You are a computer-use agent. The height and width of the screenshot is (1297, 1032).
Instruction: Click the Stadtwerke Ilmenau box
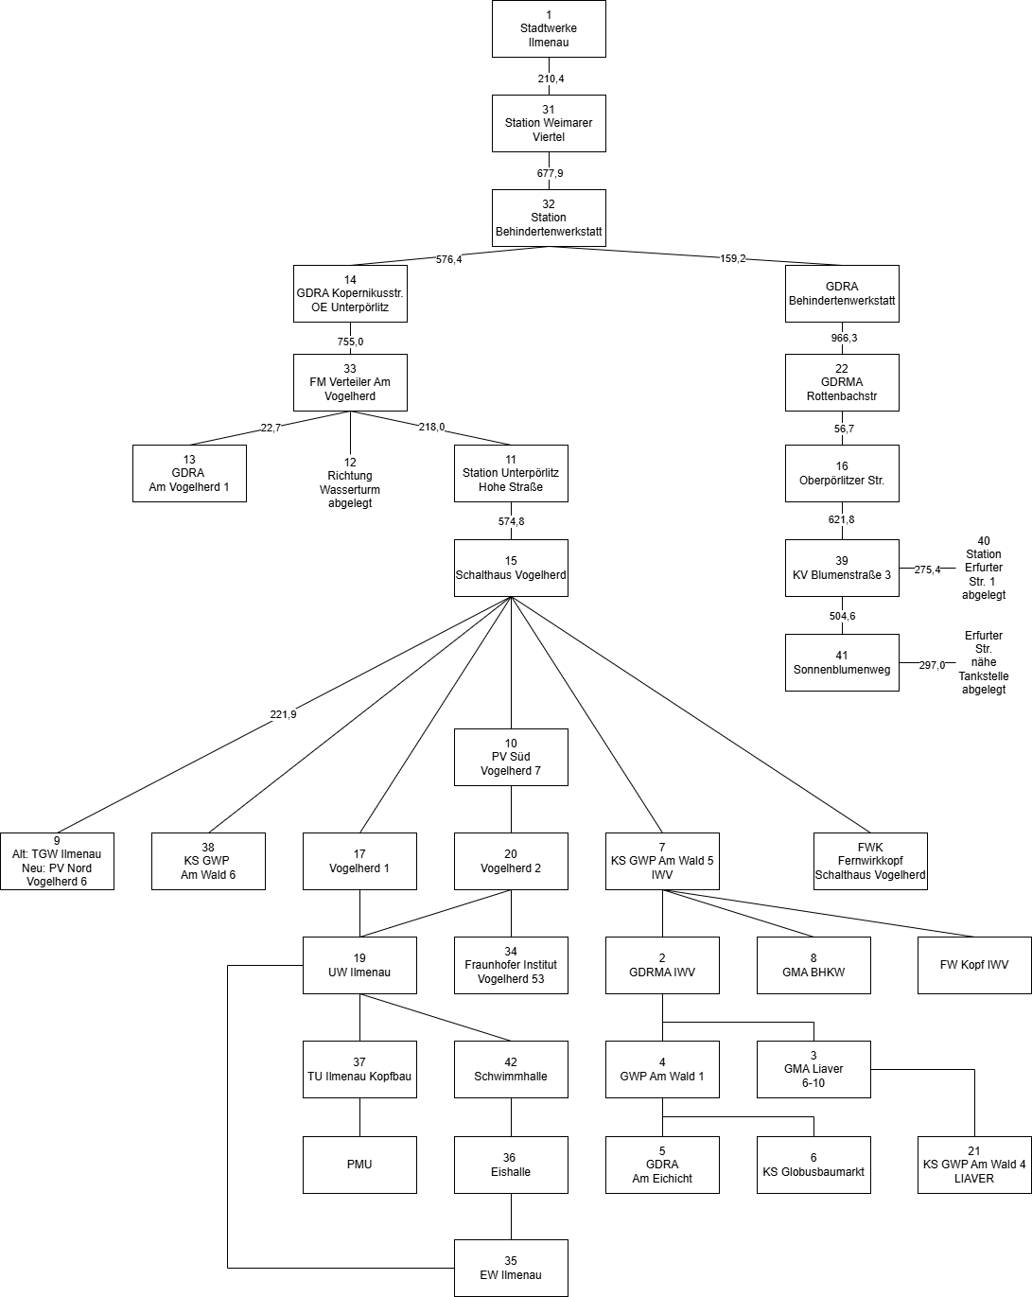click(549, 28)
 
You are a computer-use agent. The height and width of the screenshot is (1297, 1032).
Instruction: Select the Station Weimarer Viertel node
click(549, 123)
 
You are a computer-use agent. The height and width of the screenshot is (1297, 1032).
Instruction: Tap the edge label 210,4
click(551, 79)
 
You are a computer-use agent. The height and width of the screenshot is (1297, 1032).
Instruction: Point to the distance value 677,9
click(550, 173)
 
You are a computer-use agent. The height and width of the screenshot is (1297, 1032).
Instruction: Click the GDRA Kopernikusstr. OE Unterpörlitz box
click(350, 293)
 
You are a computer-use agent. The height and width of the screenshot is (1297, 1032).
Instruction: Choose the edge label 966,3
click(844, 338)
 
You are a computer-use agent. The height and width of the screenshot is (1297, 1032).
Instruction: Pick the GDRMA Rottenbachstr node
click(842, 382)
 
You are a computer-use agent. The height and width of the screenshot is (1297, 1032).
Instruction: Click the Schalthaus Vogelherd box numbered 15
click(511, 568)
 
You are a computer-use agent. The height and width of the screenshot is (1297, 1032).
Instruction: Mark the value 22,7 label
click(271, 428)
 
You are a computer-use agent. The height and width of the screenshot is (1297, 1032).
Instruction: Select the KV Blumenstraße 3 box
click(842, 568)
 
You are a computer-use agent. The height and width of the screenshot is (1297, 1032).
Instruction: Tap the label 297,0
click(932, 665)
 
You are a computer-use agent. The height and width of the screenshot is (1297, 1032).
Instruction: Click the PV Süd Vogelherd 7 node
click(511, 757)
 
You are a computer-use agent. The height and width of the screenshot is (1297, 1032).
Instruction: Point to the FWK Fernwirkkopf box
click(870, 861)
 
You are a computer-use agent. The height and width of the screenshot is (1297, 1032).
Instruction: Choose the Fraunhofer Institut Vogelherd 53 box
click(511, 965)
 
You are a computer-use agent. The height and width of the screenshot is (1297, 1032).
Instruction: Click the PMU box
click(359, 1164)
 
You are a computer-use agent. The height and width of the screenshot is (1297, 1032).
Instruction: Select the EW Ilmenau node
click(511, 1268)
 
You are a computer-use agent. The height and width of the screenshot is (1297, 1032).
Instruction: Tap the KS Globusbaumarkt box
click(813, 1164)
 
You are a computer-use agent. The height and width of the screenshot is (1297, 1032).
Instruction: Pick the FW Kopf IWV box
click(974, 965)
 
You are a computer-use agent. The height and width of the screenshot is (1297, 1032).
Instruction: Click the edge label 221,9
click(283, 714)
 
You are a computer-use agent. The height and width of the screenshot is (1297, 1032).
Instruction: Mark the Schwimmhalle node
click(511, 1069)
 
